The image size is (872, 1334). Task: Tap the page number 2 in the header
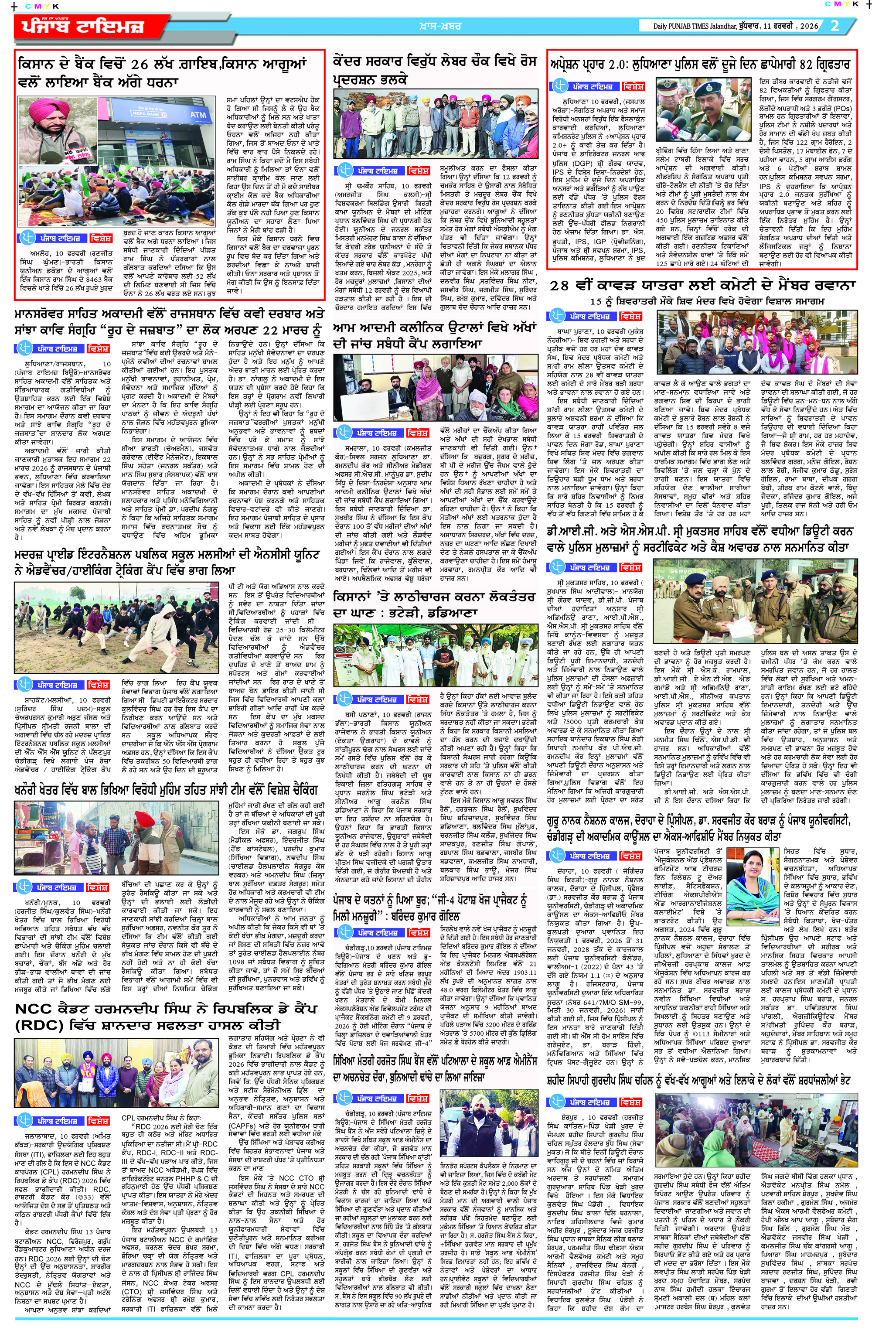[835, 26]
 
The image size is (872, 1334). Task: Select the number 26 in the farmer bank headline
[134, 65]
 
